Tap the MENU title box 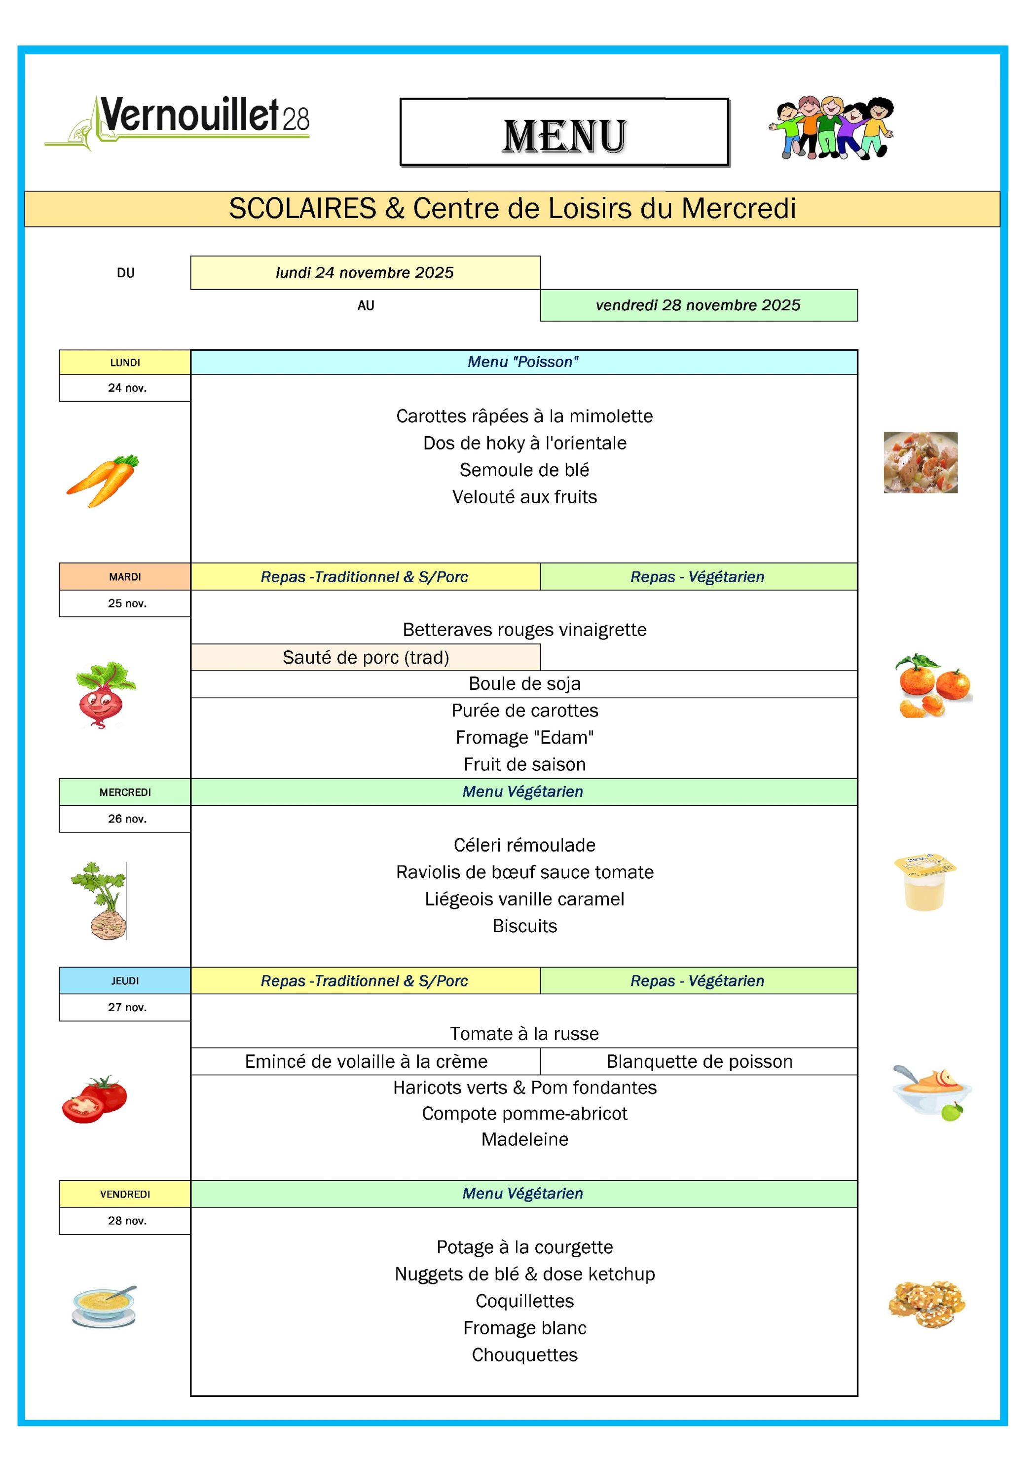point(564,133)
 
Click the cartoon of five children point(831,128)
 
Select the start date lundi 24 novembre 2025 point(365,273)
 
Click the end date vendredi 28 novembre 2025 point(698,305)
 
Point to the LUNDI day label point(125,362)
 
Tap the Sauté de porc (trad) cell point(366,657)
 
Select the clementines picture point(933,686)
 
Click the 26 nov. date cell point(126,819)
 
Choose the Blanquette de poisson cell point(699,1061)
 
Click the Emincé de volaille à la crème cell point(366,1061)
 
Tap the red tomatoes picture point(94,1099)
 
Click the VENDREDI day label point(125,1194)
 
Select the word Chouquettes point(524,1354)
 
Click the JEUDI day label point(125,981)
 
